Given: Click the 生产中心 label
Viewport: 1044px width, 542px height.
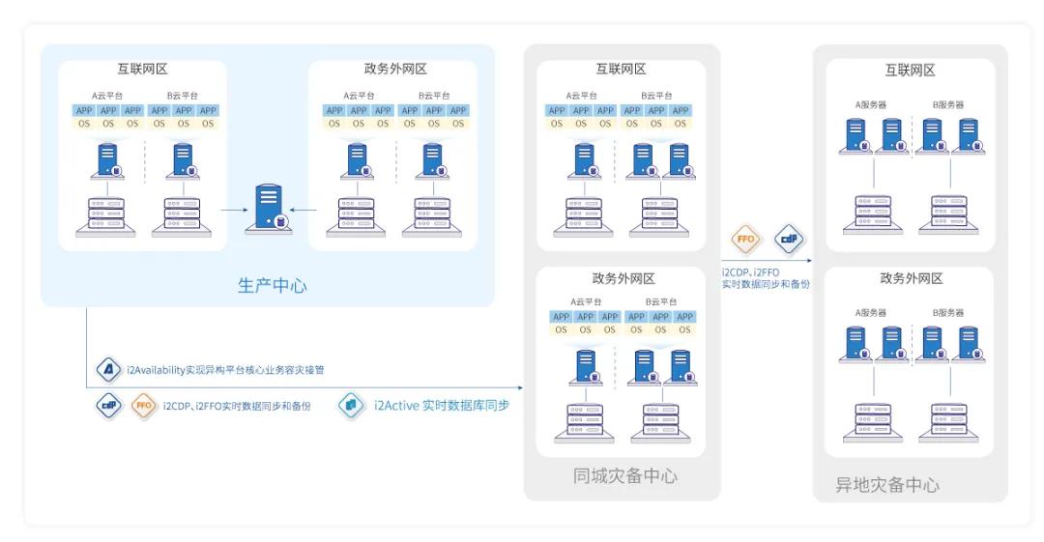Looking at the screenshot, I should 272,286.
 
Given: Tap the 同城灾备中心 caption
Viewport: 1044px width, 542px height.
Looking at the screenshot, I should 624,476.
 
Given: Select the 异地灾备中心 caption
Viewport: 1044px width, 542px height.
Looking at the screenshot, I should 887,485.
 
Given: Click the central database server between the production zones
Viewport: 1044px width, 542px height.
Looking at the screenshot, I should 270,206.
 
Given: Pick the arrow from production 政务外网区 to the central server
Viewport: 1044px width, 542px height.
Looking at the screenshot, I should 304,207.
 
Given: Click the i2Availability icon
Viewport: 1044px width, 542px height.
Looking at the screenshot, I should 109,369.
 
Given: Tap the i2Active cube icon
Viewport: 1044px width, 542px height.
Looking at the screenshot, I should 351,406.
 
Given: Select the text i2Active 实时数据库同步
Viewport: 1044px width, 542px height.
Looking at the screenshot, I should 441,406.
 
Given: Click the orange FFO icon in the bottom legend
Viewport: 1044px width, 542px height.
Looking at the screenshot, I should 144,406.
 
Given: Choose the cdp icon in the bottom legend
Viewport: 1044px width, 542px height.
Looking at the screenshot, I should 109,406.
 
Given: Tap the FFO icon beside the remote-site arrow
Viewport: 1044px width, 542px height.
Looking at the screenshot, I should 747,238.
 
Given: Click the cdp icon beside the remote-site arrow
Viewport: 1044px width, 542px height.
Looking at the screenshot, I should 789,238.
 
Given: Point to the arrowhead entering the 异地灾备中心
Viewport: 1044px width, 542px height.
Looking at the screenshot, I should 807,260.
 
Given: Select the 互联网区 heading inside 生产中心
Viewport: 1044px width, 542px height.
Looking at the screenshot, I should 142,70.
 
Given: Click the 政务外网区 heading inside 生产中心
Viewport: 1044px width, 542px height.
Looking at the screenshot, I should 395,70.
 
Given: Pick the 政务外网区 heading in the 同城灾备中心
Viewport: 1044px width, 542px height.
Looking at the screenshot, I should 623,279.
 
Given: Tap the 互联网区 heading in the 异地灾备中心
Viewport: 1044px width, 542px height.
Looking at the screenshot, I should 910,71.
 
